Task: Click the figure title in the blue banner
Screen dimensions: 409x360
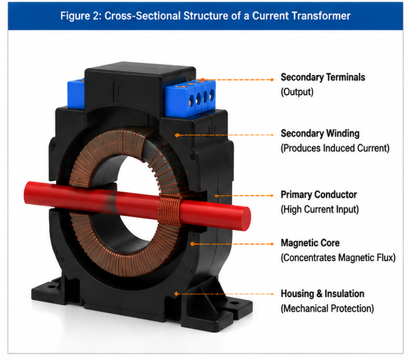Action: coord(205,16)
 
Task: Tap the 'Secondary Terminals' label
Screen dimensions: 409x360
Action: coord(323,77)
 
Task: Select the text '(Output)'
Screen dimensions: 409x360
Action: coord(297,92)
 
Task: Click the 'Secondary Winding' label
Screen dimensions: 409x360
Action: coord(320,133)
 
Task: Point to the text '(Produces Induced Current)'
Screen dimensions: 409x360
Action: coord(335,149)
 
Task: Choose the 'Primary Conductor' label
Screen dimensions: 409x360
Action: coord(319,195)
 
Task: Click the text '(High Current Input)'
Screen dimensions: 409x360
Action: coord(319,210)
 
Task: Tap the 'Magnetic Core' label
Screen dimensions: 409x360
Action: coord(310,243)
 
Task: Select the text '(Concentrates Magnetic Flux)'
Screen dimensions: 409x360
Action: coord(338,258)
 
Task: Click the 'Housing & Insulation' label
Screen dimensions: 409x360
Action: coord(323,294)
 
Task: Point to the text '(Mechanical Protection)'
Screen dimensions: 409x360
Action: coord(327,309)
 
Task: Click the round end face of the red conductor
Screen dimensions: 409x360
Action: coord(245,218)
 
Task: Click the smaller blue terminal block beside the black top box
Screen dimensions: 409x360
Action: coord(76,93)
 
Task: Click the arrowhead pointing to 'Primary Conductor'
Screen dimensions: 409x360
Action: coord(272,196)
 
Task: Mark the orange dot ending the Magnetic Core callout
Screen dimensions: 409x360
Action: coord(192,244)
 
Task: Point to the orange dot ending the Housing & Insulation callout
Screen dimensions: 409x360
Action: coord(177,294)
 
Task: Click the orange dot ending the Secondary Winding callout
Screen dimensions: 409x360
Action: coord(177,135)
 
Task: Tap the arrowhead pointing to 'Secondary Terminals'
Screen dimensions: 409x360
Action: coord(272,80)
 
